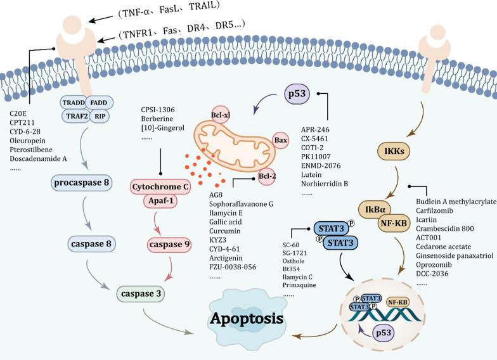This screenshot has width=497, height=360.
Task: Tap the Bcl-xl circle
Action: click(221, 116)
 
